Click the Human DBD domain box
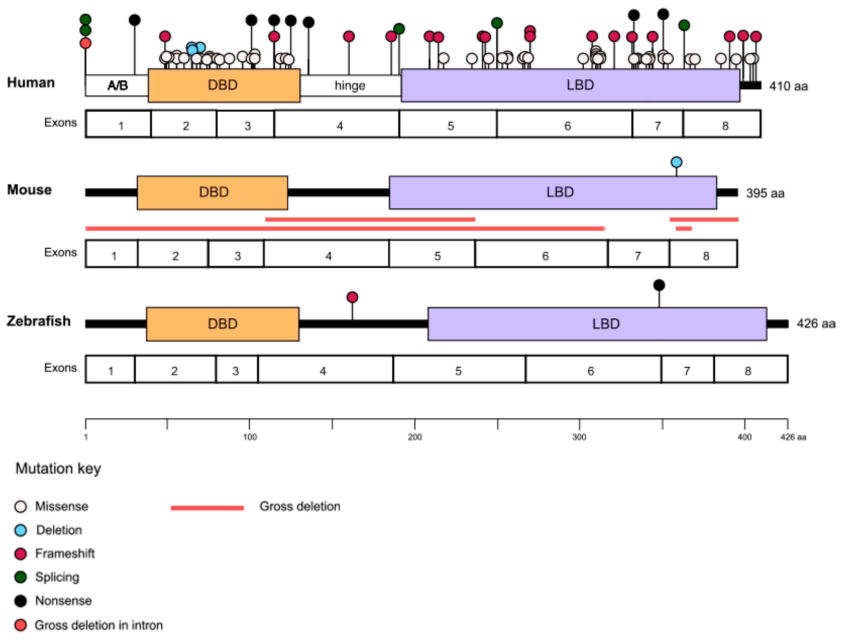point(224,85)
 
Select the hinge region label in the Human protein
point(350,86)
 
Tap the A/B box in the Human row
point(117,86)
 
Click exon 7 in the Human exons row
point(657,125)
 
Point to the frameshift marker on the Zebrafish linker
point(352,297)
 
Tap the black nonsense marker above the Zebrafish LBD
point(659,285)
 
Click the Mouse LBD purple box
point(553,192)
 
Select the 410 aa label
point(788,86)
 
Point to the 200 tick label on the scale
point(414,437)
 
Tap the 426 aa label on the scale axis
point(793,437)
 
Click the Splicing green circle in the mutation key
point(21,577)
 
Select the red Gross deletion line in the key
point(207,507)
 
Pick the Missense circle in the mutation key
point(21,506)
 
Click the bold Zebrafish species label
point(39,321)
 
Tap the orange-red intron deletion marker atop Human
point(85,43)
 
